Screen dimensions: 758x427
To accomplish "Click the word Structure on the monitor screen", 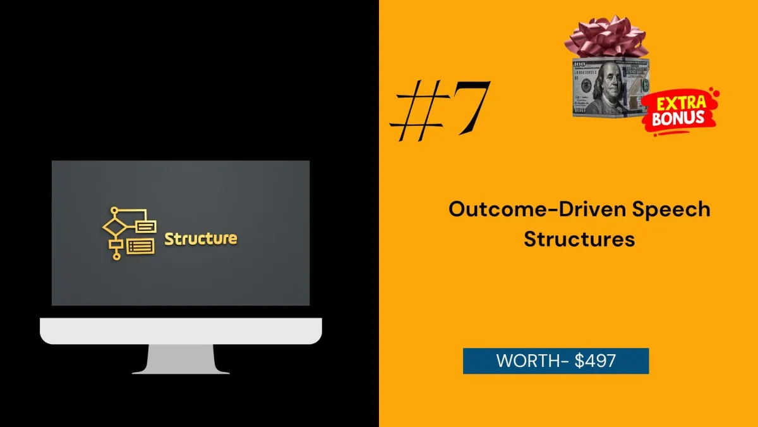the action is click(201, 238).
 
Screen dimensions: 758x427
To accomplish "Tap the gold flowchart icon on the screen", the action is click(129, 233).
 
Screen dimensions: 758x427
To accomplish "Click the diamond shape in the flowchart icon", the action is click(114, 227).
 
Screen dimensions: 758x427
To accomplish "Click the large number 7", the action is click(471, 107).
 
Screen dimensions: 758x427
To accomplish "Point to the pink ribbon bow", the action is click(606, 37).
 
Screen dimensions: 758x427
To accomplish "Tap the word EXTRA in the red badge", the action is click(681, 103).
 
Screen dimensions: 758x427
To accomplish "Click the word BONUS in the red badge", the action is click(678, 118).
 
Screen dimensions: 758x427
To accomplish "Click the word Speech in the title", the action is click(671, 210).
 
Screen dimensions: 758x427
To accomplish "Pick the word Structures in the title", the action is click(579, 239).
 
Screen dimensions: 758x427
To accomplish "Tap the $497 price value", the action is click(595, 361).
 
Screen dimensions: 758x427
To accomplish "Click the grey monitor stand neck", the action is click(181, 359).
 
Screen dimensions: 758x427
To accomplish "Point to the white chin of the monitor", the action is click(181, 331).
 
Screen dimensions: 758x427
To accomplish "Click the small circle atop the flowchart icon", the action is click(114, 211).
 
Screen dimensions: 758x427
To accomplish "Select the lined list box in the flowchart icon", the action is click(140, 246).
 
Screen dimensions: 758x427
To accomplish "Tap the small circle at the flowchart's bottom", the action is click(116, 257).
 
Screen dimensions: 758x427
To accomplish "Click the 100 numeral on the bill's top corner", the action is click(579, 64).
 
